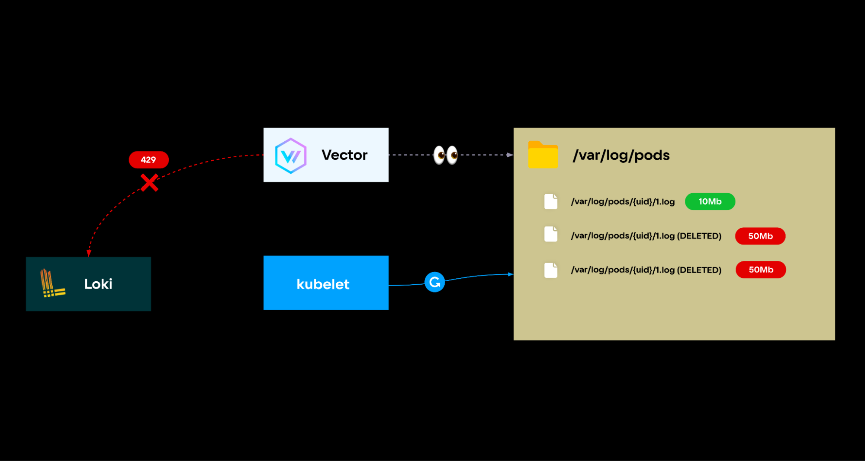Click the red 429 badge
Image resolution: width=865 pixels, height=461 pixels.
tap(148, 160)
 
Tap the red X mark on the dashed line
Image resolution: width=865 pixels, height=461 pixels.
tap(149, 183)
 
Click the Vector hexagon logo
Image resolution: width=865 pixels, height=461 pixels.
tap(291, 156)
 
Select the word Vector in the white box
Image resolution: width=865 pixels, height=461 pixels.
tap(344, 155)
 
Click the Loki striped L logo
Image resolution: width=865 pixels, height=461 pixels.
tap(51, 284)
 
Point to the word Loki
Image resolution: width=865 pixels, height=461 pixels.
tap(98, 284)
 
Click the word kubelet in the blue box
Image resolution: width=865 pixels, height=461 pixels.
tap(323, 284)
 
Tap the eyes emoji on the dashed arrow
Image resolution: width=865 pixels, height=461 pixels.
tap(446, 155)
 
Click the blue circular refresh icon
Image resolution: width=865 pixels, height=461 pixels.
tap(434, 282)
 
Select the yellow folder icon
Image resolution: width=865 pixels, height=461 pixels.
tap(543, 155)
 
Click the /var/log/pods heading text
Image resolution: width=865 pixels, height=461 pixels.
tap(621, 155)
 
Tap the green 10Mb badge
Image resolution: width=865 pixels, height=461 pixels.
tap(710, 202)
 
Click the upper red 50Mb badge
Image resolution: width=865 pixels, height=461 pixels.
tap(760, 236)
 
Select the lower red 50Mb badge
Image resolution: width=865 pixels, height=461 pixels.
tap(760, 270)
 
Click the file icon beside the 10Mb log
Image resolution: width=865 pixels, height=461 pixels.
tap(550, 202)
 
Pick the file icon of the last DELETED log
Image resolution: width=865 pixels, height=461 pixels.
tap(550, 270)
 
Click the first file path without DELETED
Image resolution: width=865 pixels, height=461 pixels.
tap(622, 202)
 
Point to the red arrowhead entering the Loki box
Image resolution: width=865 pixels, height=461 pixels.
tap(89, 253)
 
